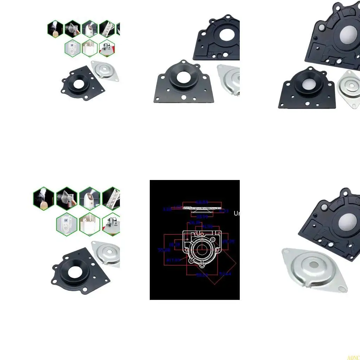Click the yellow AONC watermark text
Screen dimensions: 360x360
[353, 358]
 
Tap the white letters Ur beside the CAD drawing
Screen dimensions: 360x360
[237, 213]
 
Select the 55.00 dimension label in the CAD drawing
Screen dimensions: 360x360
[164, 250]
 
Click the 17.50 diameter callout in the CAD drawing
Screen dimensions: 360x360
[173, 260]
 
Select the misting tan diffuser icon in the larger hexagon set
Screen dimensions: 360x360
[44, 198]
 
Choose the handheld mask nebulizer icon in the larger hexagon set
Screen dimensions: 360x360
[66, 198]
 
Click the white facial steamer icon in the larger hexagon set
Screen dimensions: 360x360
[90, 198]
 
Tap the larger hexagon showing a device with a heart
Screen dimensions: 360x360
[66, 224]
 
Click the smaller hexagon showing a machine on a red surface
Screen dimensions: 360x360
[107, 48]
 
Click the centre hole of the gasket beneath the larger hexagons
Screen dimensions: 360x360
[75, 272]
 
